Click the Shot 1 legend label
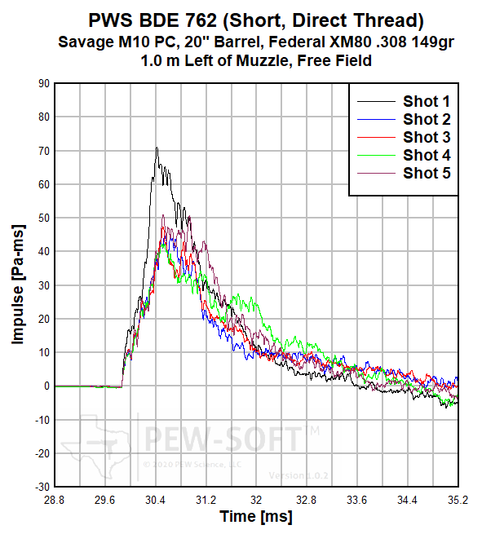pyautogui.click(x=427, y=101)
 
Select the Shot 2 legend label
pyautogui.click(x=427, y=119)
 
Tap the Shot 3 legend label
pyautogui.click(x=427, y=137)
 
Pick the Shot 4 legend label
pyautogui.click(x=427, y=155)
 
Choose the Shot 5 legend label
pyautogui.click(x=427, y=173)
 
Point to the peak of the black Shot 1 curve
pyautogui.click(x=157, y=148)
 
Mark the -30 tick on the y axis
pyautogui.click(x=42, y=487)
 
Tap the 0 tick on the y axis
pyautogui.click(x=46, y=386)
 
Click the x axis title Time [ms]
pyautogui.click(x=255, y=517)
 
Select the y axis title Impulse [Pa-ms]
pyautogui.click(x=18, y=285)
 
